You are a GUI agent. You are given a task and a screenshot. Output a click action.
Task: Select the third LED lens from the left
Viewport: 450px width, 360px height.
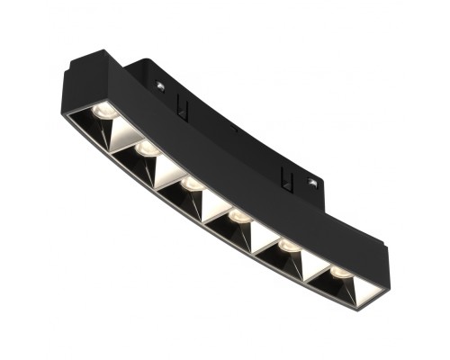point(191,182)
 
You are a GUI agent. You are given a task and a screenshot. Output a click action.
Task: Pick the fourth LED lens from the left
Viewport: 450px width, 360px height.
point(238,215)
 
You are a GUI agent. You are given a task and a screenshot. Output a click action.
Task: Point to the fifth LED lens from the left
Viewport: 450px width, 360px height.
point(288,243)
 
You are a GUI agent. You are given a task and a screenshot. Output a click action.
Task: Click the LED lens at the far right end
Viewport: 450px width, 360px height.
point(339,270)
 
